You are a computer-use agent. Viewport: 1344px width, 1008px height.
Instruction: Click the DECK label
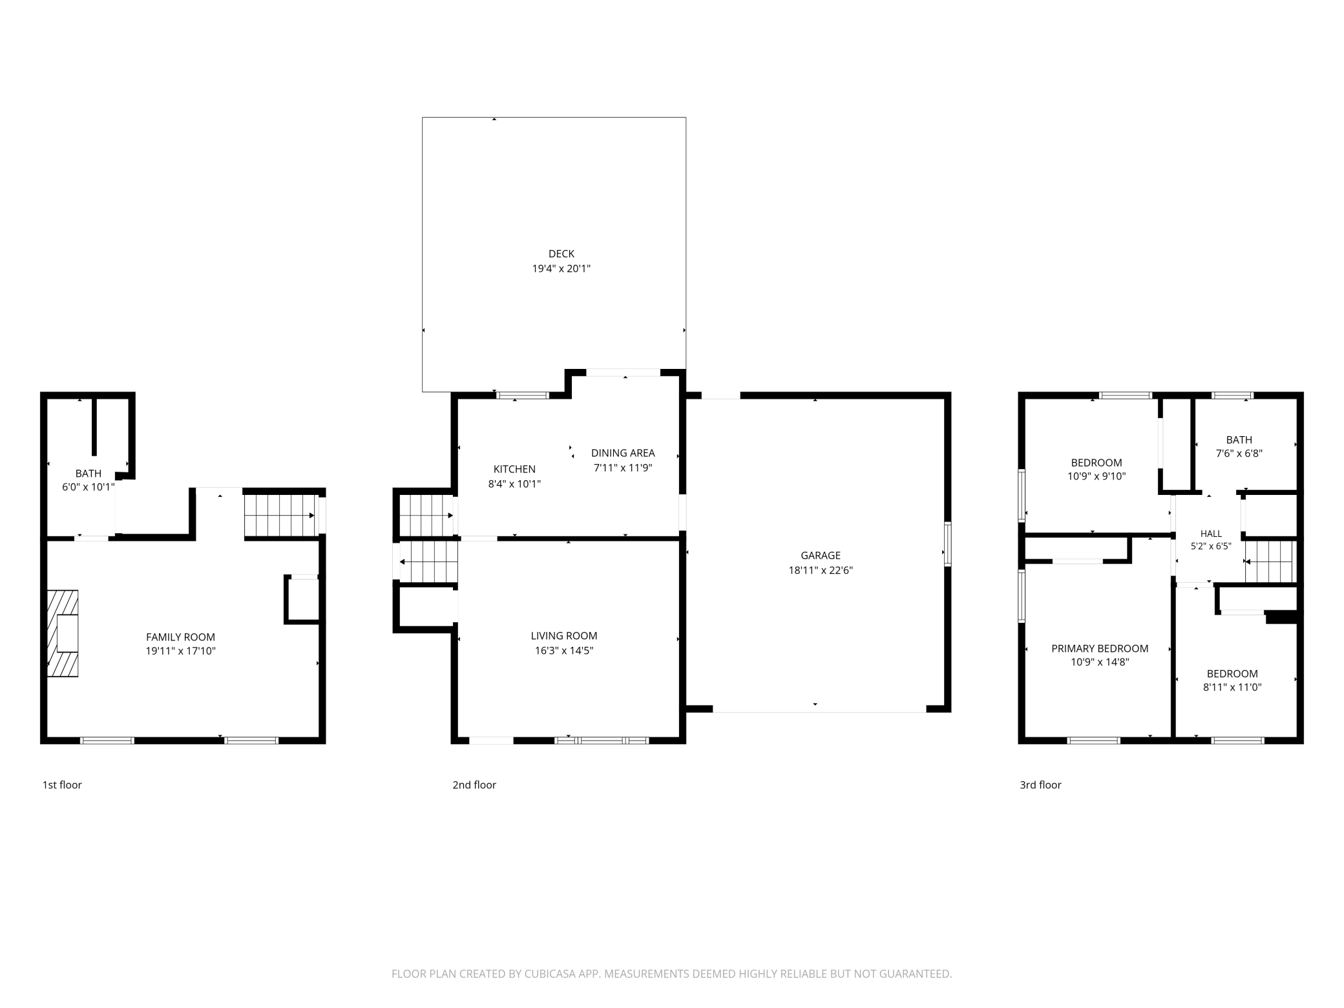tap(561, 254)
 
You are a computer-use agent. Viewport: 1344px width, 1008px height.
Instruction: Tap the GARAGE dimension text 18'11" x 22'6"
tap(821, 570)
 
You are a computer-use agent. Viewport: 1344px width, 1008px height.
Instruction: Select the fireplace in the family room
tap(63, 633)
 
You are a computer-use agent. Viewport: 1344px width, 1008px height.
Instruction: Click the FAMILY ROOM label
tap(180, 637)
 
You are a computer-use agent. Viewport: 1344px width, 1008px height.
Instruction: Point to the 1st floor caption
tap(62, 784)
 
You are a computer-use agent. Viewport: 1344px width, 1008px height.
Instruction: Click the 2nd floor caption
tap(474, 784)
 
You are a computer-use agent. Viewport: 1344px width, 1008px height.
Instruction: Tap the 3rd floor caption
tap(1040, 784)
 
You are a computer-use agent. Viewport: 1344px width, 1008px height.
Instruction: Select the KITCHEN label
tap(514, 469)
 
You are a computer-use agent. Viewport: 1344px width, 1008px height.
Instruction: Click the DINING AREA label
tap(623, 453)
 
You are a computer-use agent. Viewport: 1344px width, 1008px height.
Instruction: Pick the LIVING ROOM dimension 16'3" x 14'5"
tap(564, 650)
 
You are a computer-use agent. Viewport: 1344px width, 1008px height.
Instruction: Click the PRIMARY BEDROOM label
tap(1100, 648)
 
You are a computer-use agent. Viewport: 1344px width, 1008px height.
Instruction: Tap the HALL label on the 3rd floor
tap(1211, 534)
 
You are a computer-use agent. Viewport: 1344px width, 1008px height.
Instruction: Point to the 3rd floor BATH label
tap(1239, 439)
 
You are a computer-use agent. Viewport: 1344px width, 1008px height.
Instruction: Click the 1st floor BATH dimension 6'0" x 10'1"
tap(88, 487)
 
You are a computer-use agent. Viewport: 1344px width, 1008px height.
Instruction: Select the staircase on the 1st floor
tap(282, 516)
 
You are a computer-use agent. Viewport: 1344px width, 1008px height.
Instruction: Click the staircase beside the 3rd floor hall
tap(1270, 562)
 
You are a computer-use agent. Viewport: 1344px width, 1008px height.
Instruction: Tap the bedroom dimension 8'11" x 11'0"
tap(1232, 687)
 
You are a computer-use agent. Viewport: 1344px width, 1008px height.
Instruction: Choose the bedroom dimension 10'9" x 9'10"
tap(1097, 476)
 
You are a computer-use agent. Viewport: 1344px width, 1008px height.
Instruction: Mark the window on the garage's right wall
tap(948, 544)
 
